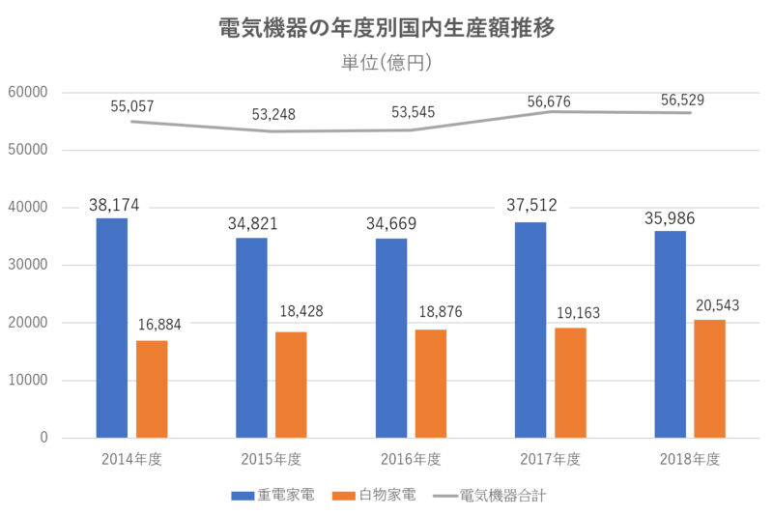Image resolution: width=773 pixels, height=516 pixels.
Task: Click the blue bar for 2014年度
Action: tap(112, 327)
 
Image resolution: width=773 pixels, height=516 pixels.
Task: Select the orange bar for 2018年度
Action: tap(710, 377)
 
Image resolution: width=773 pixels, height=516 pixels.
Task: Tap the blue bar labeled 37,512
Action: tap(530, 329)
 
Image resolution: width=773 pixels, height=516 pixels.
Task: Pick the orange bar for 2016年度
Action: tap(431, 383)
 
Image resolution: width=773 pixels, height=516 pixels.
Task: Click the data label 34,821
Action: tap(252, 224)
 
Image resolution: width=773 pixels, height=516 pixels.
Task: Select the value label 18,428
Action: tap(301, 311)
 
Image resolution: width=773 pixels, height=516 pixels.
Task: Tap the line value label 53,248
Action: tap(273, 114)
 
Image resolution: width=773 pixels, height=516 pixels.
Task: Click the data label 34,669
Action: tap(391, 224)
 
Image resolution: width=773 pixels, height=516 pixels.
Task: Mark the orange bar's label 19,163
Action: tap(578, 313)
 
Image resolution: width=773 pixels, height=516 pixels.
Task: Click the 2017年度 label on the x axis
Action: tap(551, 459)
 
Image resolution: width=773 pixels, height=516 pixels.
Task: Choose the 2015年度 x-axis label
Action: tap(271, 459)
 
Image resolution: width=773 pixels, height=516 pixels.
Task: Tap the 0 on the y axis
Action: tap(43, 439)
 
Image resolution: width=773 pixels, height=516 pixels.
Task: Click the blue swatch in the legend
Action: tap(242, 495)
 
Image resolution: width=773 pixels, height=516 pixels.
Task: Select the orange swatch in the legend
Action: tap(344, 495)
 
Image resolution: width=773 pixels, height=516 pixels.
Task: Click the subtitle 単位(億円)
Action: tap(386, 63)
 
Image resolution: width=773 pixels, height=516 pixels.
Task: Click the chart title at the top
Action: tap(386, 27)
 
